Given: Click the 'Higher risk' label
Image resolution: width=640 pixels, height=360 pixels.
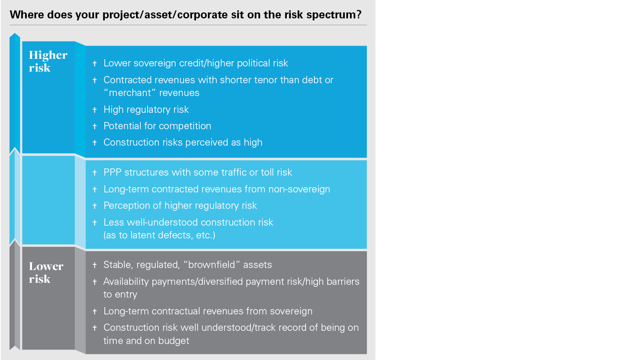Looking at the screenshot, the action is coord(48,61).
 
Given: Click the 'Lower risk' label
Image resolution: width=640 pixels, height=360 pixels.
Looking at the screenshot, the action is coord(46,272).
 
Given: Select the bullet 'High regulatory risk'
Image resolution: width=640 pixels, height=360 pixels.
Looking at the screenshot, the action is coord(146,110).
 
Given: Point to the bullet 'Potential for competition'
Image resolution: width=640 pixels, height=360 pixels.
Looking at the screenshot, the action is coord(157,126).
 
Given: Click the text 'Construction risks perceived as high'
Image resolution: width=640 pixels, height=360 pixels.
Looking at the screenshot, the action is coord(183,142).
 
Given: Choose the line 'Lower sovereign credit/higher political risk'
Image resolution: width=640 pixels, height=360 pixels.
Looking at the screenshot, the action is coord(196,63).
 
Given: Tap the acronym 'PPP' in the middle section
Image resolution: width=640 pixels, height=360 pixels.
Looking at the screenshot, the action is coord(112,172).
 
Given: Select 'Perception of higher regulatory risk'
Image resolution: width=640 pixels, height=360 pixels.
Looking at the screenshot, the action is coord(180,206).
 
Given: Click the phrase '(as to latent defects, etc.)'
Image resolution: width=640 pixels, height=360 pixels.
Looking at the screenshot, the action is coord(159,235).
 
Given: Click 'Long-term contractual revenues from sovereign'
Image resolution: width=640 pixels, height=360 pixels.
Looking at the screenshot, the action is coord(208,311).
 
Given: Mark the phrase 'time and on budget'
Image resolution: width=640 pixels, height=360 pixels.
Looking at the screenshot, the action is coord(146,340).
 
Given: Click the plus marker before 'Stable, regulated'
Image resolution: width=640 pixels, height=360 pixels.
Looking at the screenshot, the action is coord(94,265).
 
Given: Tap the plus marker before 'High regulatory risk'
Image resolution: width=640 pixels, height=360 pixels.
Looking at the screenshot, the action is coord(94,110).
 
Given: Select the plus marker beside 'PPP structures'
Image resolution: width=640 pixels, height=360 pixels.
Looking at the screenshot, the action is coord(94,172).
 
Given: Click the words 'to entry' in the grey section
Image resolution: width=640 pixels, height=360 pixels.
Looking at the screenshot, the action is coord(120,294).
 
